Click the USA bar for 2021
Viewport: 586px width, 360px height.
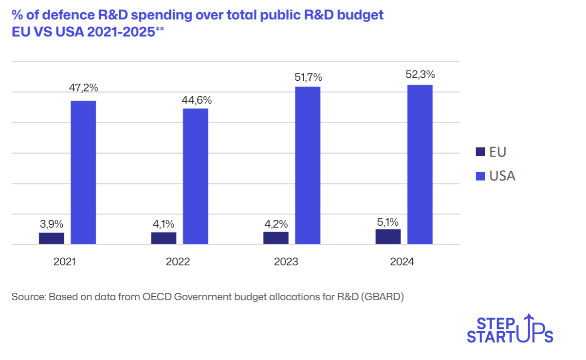[x=83, y=172]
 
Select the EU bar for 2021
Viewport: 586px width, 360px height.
[x=52, y=238]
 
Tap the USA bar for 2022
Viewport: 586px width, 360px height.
[x=195, y=176]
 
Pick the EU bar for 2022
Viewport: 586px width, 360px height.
[x=164, y=238]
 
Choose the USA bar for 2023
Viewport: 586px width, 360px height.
[x=308, y=165]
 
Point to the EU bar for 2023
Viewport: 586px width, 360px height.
[x=276, y=238]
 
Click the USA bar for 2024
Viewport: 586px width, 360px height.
[x=420, y=164]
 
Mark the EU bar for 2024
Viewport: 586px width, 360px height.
[x=388, y=236]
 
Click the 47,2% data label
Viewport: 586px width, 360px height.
[x=83, y=88]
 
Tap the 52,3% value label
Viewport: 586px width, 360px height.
[x=420, y=74]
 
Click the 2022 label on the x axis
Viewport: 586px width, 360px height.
[x=178, y=262]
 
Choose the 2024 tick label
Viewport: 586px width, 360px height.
[x=402, y=262]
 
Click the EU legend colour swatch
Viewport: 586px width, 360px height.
[x=479, y=152]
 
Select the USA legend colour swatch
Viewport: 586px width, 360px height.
[x=479, y=176]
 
